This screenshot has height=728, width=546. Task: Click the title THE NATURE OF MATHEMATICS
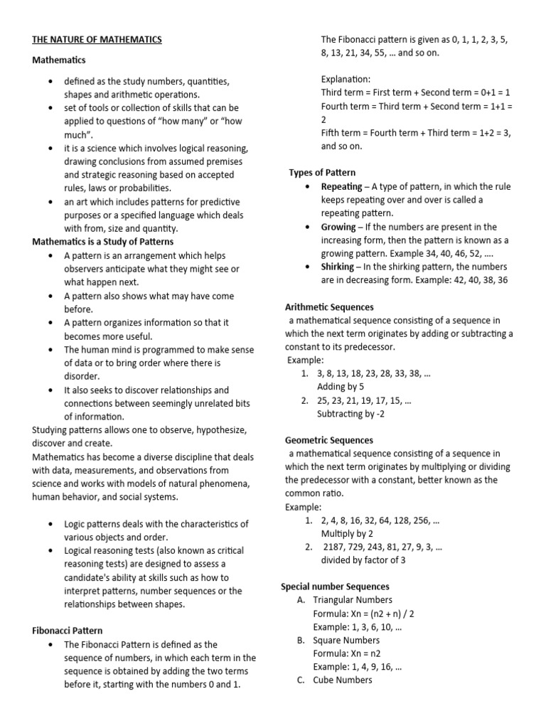(x=97, y=40)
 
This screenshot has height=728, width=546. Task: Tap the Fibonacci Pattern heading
(x=68, y=631)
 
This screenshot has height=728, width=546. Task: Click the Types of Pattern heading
(x=322, y=173)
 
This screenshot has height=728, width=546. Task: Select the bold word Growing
(x=338, y=227)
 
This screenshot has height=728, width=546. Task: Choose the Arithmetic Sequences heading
(x=329, y=307)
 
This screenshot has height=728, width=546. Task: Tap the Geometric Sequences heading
(x=329, y=440)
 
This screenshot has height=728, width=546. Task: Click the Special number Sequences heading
(x=336, y=587)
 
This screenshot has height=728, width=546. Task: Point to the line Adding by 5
(x=341, y=387)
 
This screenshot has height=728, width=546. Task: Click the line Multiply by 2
(x=347, y=533)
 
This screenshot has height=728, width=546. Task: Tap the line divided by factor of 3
(x=364, y=560)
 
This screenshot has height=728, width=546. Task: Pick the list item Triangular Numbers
(x=353, y=600)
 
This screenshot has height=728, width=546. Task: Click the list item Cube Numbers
(x=343, y=680)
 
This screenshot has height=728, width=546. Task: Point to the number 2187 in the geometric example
(x=338, y=547)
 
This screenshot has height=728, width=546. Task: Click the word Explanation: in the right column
(x=346, y=79)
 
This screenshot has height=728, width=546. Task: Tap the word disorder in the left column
(x=82, y=376)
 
